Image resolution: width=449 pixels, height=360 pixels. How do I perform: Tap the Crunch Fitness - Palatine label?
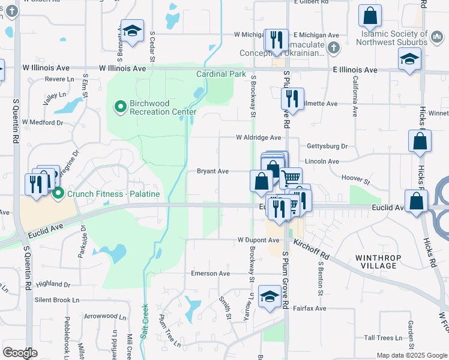(x=113, y=194)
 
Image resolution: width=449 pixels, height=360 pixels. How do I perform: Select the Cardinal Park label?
(x=221, y=74)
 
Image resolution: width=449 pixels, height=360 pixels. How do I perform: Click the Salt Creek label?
(x=144, y=322)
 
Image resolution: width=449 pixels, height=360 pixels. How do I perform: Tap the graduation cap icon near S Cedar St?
(x=132, y=30)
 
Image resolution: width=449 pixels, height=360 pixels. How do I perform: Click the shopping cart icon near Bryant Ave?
(x=291, y=177)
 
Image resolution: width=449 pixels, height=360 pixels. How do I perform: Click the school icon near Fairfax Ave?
(x=269, y=295)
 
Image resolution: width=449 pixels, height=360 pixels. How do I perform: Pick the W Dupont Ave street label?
(x=258, y=240)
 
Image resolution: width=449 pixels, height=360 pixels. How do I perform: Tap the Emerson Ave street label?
(x=210, y=274)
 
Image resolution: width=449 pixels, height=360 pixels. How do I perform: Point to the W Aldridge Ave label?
(x=258, y=137)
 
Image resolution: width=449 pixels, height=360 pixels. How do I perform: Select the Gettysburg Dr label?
(x=327, y=146)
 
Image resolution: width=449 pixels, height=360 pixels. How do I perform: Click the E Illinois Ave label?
(x=355, y=70)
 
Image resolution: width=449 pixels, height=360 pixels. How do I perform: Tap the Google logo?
(x=20, y=353)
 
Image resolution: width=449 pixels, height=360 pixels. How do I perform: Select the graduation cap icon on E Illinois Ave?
(x=410, y=59)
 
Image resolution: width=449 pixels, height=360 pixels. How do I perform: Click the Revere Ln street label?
(x=59, y=79)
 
